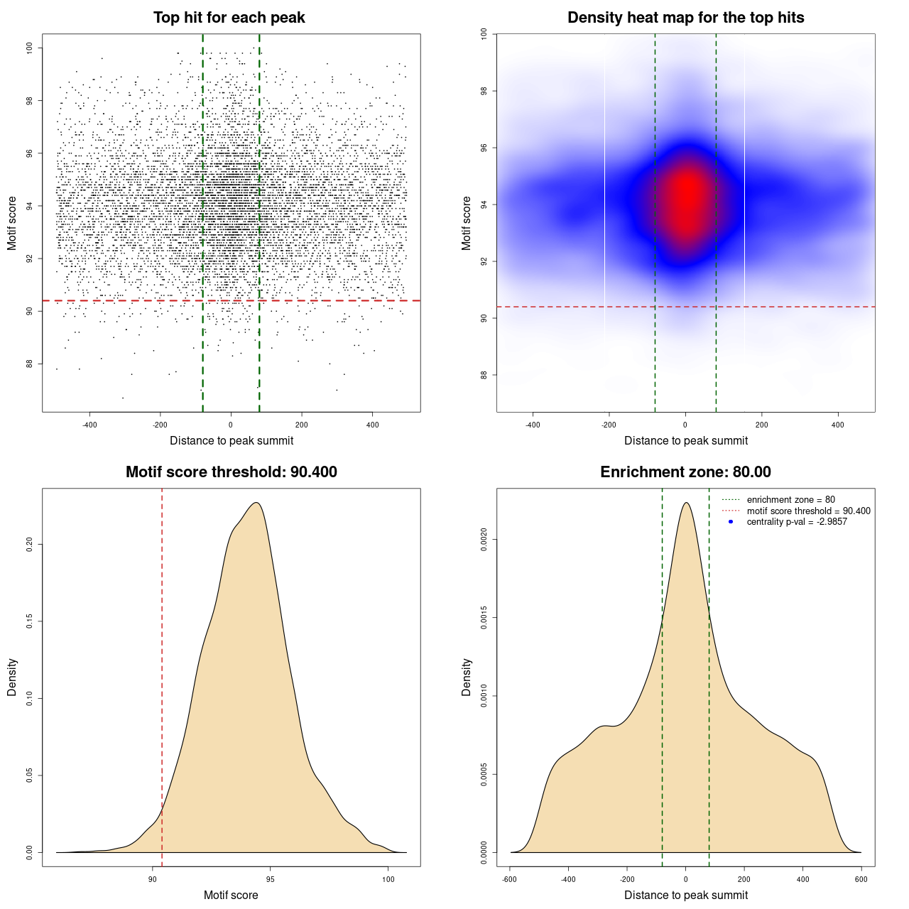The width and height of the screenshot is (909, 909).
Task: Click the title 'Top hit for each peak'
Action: point(229,18)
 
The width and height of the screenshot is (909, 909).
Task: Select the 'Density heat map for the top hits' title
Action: point(685,18)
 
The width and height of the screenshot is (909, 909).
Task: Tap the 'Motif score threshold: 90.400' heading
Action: point(231,472)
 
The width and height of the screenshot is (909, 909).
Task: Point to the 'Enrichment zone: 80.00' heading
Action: point(685,472)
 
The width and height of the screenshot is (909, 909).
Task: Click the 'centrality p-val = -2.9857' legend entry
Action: point(797,522)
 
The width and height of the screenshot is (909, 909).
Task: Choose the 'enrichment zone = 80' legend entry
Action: point(790,500)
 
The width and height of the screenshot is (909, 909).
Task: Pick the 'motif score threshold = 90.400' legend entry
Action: point(808,511)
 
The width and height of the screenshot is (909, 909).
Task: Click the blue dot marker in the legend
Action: point(731,522)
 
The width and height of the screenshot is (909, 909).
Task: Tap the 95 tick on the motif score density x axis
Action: point(270,879)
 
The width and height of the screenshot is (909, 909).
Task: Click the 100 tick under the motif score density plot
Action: point(388,879)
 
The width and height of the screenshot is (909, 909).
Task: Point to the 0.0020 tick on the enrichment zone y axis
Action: point(484,540)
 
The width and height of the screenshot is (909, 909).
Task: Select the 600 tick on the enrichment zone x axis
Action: point(861,879)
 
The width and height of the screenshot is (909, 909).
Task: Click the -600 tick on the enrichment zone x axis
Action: point(509,879)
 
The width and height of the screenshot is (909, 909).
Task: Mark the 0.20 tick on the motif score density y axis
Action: point(29,544)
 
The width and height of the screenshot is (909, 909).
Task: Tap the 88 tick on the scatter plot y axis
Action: point(29,364)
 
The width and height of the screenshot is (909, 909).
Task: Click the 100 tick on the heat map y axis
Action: point(484,34)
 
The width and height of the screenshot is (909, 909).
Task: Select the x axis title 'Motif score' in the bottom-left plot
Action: point(231,895)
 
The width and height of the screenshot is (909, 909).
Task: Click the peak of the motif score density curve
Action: point(256,503)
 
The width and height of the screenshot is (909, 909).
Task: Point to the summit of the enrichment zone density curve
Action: point(686,503)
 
